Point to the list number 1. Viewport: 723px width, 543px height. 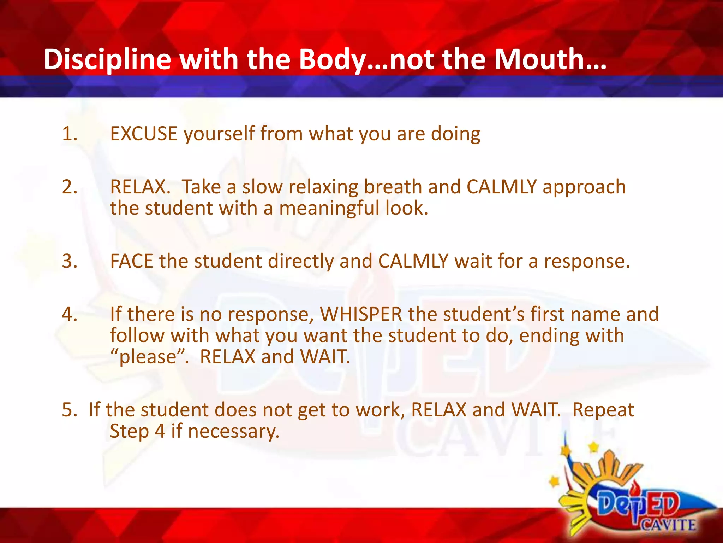[x=69, y=134]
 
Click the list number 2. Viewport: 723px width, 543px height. [x=69, y=187]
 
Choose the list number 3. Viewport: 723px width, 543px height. [x=69, y=261]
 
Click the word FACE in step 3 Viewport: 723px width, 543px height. [x=131, y=261]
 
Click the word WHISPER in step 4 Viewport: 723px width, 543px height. [x=361, y=314]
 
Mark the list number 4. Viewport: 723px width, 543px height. [x=69, y=314]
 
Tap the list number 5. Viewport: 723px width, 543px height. [x=69, y=410]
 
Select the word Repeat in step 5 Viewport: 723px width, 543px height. [x=603, y=410]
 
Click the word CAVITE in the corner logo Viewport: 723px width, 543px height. [x=669, y=524]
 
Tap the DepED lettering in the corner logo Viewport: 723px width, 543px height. [x=638, y=503]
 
